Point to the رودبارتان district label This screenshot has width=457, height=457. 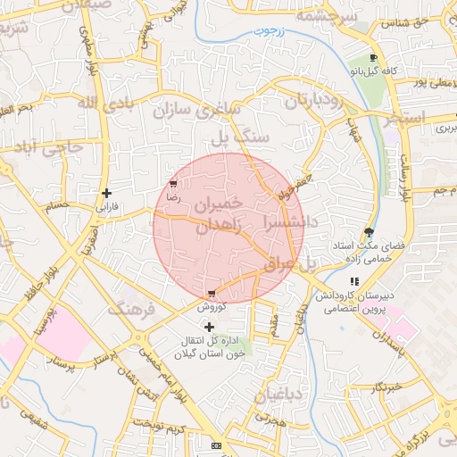(x=313, y=101)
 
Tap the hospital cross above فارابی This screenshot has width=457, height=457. (x=106, y=193)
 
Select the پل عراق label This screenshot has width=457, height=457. (x=289, y=263)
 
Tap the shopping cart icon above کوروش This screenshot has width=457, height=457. (x=211, y=294)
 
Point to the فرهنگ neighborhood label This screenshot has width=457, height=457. (x=131, y=310)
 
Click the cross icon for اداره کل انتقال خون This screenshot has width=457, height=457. (x=210, y=328)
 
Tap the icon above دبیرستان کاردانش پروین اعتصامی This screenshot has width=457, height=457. (x=355, y=281)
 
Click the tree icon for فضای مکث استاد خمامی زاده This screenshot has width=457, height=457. (x=370, y=232)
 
